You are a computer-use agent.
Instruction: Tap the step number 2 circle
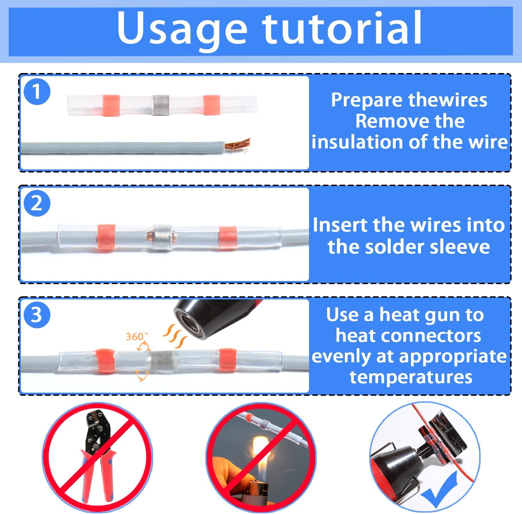tap(37, 203)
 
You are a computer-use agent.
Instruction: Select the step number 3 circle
tap(37, 315)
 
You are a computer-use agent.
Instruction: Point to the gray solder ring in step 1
tap(161, 105)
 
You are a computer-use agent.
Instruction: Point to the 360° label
tap(136, 336)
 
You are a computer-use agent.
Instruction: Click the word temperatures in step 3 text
tap(411, 377)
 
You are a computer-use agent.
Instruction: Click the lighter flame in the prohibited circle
tap(259, 452)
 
